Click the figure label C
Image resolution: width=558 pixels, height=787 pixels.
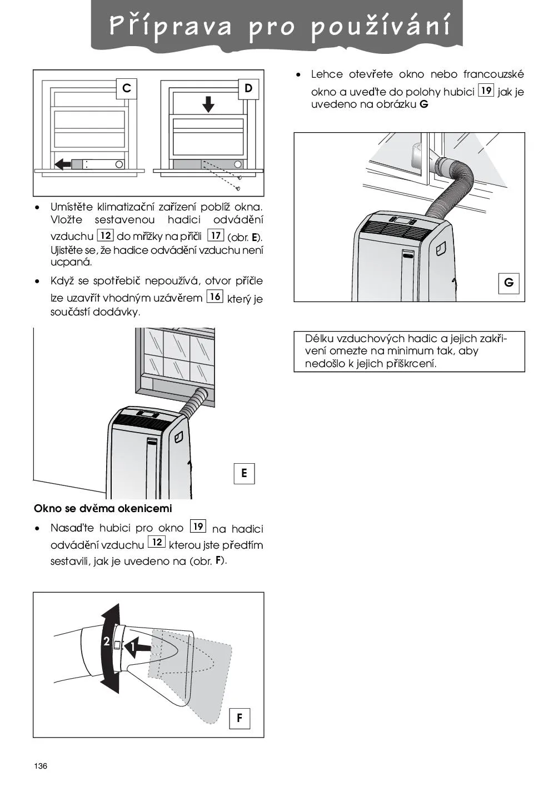click(x=127, y=88)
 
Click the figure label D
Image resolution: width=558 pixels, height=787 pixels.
click(x=248, y=88)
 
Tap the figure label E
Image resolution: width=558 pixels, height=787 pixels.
click(x=243, y=473)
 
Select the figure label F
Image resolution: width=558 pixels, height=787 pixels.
click(x=239, y=718)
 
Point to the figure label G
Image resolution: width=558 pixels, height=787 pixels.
click(x=509, y=283)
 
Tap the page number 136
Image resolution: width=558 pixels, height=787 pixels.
click(x=41, y=766)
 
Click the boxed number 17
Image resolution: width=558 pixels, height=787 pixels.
click(x=216, y=235)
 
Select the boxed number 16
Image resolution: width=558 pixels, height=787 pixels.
click(x=215, y=297)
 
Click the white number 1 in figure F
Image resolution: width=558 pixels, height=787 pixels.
click(x=133, y=647)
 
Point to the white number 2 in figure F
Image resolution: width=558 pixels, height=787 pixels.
click(x=106, y=641)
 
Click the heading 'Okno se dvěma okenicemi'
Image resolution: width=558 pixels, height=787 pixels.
click(x=103, y=508)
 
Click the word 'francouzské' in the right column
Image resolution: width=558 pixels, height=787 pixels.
click(x=493, y=74)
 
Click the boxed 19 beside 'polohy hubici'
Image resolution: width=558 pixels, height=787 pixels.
click(x=486, y=91)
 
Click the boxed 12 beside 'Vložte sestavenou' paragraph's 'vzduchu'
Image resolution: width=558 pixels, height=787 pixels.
click(x=105, y=235)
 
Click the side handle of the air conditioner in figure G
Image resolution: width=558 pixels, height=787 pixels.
click(x=442, y=248)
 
